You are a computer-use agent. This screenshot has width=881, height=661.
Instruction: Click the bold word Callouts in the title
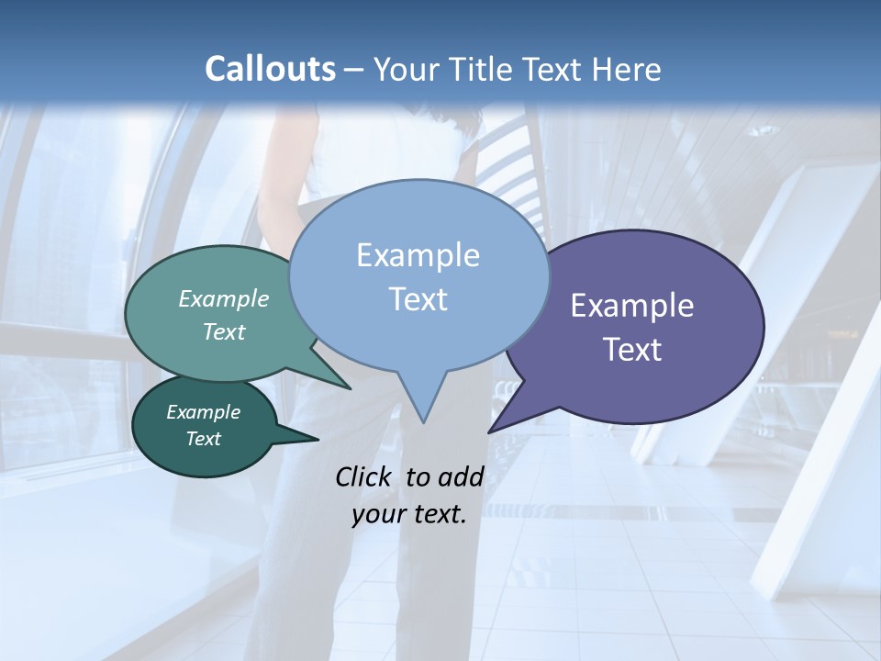270,69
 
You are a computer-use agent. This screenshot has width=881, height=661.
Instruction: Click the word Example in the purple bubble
632,306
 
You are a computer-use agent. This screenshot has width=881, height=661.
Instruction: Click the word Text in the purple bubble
632,350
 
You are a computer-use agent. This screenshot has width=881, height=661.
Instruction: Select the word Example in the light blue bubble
418,255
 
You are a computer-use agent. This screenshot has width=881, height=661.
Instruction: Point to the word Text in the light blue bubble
418,299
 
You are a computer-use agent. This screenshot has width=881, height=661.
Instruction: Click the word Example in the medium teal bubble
224,298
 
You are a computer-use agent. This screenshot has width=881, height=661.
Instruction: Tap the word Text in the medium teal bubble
224,331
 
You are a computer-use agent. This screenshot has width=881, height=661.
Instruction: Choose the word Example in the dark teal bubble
203,412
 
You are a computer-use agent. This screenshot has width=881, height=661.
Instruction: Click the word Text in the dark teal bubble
203,439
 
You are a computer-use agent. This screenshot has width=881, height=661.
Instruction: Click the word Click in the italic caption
365,476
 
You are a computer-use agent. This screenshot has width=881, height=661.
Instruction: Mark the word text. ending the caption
438,514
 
